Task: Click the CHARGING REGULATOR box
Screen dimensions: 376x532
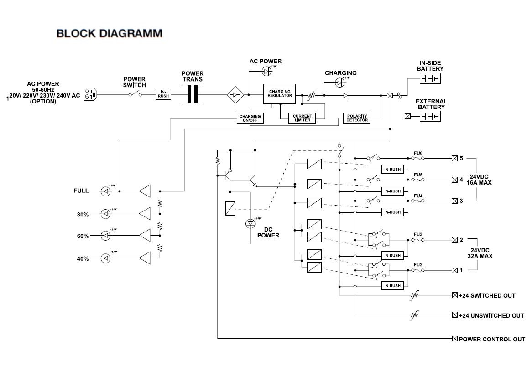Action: click(x=280, y=94)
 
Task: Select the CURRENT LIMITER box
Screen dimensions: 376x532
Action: click(x=302, y=118)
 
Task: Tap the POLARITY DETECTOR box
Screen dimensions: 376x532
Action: click(x=357, y=118)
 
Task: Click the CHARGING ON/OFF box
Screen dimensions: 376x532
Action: click(x=250, y=118)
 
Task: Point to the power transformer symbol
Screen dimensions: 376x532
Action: click(x=193, y=94)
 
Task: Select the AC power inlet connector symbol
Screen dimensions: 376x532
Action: click(x=91, y=94)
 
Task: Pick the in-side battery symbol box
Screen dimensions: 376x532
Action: click(x=430, y=79)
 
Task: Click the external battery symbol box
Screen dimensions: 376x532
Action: click(x=430, y=117)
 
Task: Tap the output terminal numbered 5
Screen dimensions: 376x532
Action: click(x=454, y=159)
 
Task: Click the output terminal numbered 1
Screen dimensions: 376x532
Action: click(x=454, y=270)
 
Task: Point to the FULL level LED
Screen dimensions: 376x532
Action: click(x=106, y=191)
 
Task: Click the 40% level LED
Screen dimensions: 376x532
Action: click(x=106, y=258)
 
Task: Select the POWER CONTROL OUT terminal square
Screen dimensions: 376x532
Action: click(x=454, y=339)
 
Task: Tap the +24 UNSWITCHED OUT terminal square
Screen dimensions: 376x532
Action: click(x=454, y=315)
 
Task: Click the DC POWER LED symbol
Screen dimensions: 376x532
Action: click(x=250, y=223)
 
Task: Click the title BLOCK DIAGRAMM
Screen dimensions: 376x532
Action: click(x=109, y=33)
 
